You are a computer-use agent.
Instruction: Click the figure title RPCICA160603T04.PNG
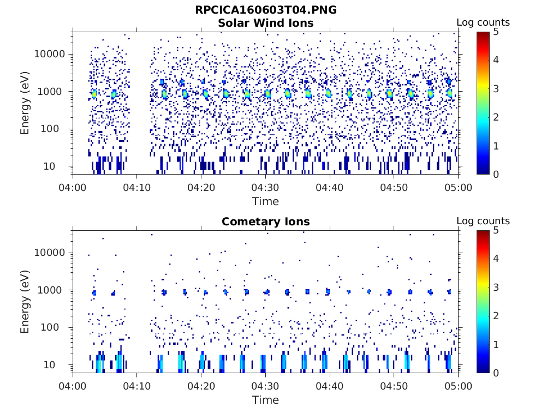(265, 10)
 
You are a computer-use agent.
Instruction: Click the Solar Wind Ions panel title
(265, 23)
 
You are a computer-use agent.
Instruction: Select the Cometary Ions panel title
(265, 222)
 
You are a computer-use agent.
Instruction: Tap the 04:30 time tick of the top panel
(265, 187)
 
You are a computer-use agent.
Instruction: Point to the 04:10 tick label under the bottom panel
(136, 386)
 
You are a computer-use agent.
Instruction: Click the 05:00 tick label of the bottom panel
(458, 386)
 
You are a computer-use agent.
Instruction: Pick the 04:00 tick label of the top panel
(73, 187)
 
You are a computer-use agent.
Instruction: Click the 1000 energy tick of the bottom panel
(54, 290)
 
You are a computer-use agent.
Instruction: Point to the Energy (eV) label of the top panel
(25, 103)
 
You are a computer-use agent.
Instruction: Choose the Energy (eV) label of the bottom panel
(25, 301)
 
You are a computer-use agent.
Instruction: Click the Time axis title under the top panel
(265, 201)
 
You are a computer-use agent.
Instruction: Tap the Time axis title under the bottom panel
(265, 400)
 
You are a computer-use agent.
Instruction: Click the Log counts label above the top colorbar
(483, 23)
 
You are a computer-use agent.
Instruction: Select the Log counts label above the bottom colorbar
(483, 222)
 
